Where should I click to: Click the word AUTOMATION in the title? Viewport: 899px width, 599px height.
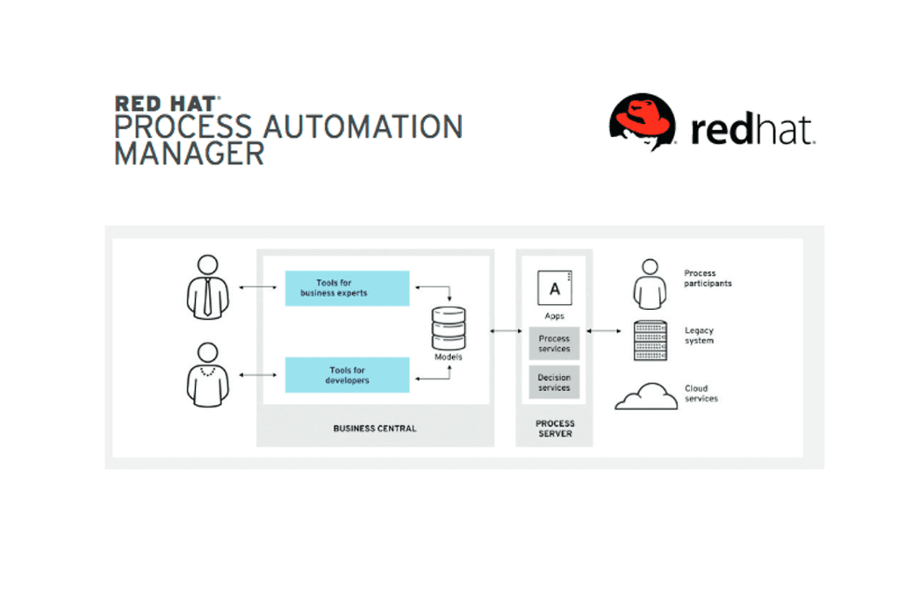click(359, 126)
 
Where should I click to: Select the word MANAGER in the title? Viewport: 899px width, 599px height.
click(190, 154)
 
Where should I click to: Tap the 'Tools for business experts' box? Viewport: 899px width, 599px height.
click(347, 288)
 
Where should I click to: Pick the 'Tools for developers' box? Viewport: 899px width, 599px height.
click(347, 375)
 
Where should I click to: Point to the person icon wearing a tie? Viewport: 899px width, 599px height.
click(207, 287)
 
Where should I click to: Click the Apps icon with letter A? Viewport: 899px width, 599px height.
click(554, 288)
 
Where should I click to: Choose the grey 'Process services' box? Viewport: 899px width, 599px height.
click(554, 343)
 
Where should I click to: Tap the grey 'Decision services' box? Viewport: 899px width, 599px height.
click(554, 382)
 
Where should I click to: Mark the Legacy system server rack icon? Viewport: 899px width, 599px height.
click(650, 341)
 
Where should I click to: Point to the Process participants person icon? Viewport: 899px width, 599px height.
click(650, 284)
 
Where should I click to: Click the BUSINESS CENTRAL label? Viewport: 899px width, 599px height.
click(375, 429)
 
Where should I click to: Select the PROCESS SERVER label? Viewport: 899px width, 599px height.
click(554, 429)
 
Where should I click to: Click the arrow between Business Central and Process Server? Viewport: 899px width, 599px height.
click(505, 330)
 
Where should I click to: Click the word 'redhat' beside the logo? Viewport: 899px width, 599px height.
click(752, 129)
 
